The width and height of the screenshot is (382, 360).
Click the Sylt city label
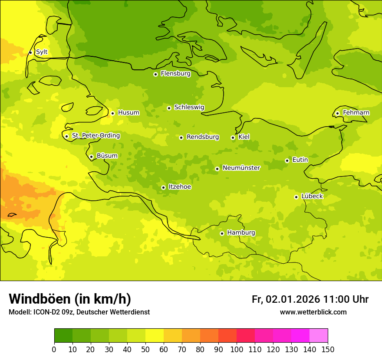click(x=42, y=52)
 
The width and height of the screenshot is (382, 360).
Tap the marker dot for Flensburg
click(x=155, y=74)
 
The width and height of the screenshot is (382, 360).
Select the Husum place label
click(x=128, y=113)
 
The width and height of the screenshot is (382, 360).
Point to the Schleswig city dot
click(x=169, y=108)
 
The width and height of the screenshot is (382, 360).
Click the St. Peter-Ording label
click(x=95, y=136)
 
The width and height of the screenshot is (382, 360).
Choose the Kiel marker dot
click(x=233, y=137)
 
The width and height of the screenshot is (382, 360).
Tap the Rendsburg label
click(x=202, y=137)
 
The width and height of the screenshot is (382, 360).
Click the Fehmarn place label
click(x=356, y=113)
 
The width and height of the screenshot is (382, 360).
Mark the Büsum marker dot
click(x=91, y=157)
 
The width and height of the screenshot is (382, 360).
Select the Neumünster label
click(x=241, y=168)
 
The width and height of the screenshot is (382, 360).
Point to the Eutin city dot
click(x=287, y=160)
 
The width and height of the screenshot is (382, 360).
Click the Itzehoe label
click(x=179, y=187)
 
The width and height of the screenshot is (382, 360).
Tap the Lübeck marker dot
click(x=296, y=197)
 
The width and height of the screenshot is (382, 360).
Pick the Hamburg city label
click(x=241, y=233)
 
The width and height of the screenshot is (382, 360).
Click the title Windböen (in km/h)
click(x=70, y=299)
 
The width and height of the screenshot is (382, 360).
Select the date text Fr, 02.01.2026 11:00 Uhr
click(x=310, y=299)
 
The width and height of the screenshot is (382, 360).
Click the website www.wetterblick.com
click(x=313, y=312)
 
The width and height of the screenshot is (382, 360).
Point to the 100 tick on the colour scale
click(x=237, y=349)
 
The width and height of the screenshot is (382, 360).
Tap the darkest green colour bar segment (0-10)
click(x=63, y=336)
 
